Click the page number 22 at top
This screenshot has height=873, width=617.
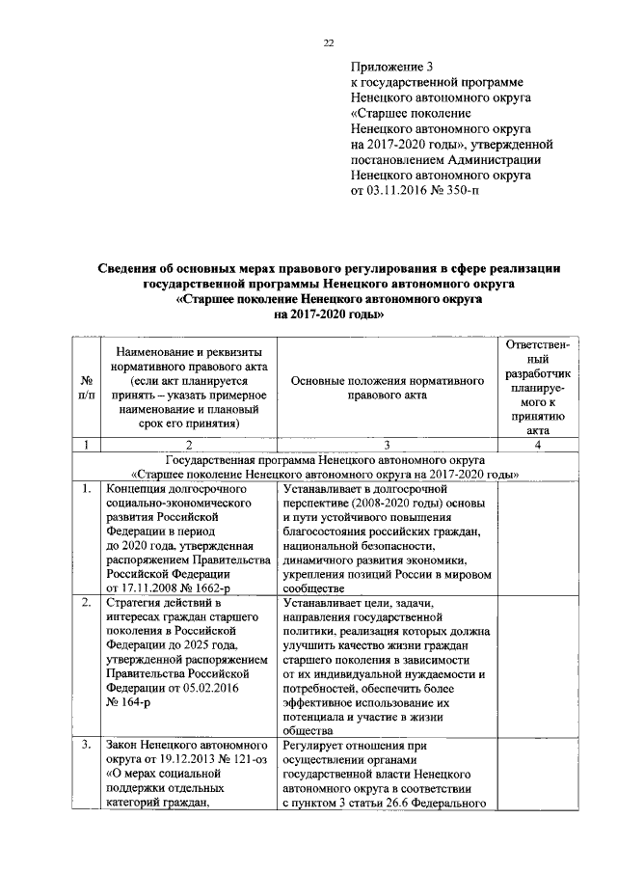click(327, 42)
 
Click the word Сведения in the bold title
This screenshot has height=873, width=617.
click(134, 268)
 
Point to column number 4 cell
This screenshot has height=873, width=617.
click(544, 445)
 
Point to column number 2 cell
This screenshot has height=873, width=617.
click(188, 445)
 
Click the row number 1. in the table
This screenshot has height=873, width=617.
click(86, 489)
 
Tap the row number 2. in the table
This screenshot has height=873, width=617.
click(86, 603)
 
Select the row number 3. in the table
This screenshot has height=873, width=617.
click(86, 745)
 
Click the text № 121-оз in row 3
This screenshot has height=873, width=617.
click(228, 759)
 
